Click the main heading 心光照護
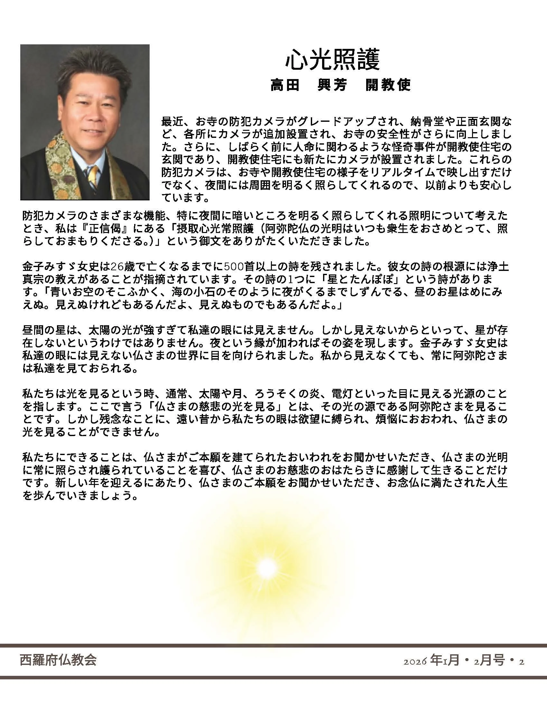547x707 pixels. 332,60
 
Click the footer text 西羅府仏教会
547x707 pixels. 58,660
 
